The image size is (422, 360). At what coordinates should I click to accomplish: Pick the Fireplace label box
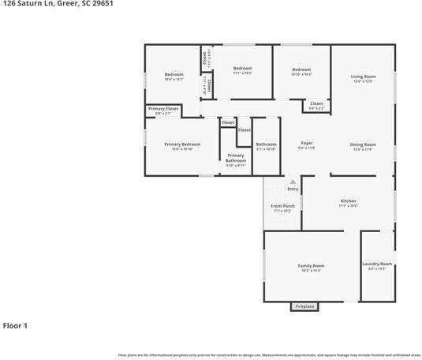point(304,306)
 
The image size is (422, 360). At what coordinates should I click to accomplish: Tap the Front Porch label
point(282,208)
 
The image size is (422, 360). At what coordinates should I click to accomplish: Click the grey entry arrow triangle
point(293,182)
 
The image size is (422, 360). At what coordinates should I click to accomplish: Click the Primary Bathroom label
point(236,160)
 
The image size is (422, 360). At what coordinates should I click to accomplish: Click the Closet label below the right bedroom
point(316,104)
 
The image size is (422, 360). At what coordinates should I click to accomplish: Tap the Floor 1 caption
point(15,325)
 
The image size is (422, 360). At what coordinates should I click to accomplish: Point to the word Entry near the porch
point(293,189)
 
